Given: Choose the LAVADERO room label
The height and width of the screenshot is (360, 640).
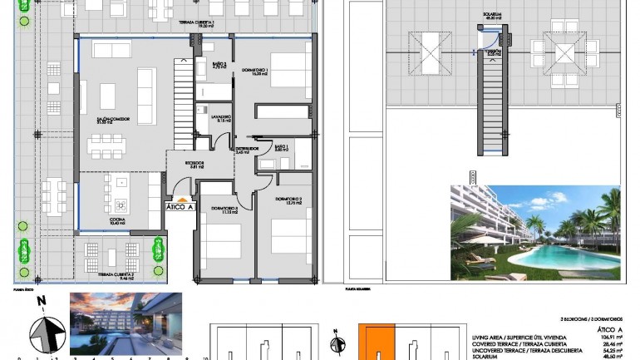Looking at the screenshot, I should point(220,117).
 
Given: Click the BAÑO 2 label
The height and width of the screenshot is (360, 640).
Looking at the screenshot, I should point(219,66).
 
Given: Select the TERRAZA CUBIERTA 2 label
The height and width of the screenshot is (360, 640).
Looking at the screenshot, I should point(116,278).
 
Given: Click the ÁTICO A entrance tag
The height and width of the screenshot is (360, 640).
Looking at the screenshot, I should point(180,206).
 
